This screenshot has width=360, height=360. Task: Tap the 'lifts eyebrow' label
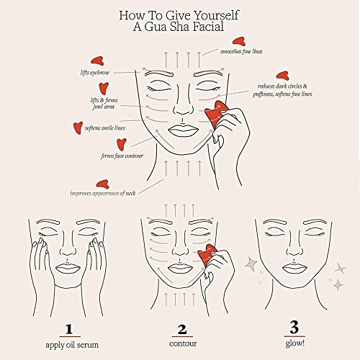pos(95,73)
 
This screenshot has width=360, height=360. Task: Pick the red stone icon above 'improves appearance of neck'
pos(102,183)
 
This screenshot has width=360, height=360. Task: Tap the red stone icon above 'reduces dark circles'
pos(282,75)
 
